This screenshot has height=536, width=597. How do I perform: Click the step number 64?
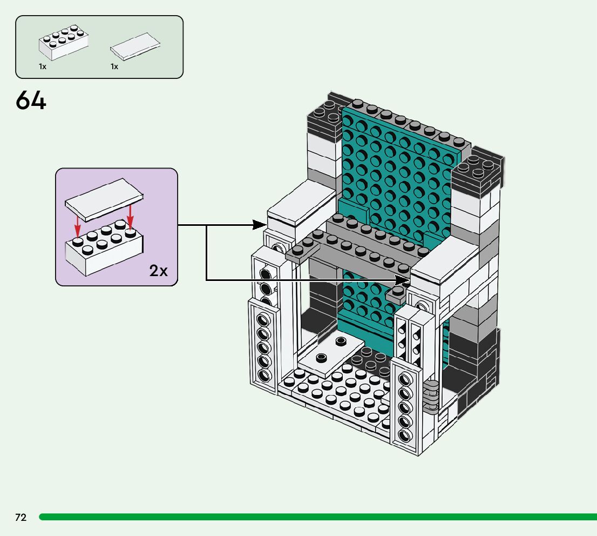point(31,100)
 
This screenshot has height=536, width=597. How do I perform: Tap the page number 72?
point(21,517)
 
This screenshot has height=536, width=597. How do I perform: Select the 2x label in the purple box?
point(158,271)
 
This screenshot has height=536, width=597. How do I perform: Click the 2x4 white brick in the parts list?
point(64,42)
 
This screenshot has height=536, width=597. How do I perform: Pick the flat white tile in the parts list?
point(135,46)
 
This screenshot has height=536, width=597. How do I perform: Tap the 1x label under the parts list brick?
point(42,66)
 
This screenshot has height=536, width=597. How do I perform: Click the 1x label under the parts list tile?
point(114,66)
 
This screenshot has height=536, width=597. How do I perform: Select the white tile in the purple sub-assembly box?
point(104,199)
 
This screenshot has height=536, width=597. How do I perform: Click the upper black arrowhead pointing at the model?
point(260,225)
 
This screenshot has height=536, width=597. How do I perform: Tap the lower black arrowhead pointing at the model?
point(403,280)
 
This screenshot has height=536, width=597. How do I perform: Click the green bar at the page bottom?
point(318,517)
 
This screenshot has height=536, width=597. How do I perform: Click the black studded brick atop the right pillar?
point(476,173)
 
